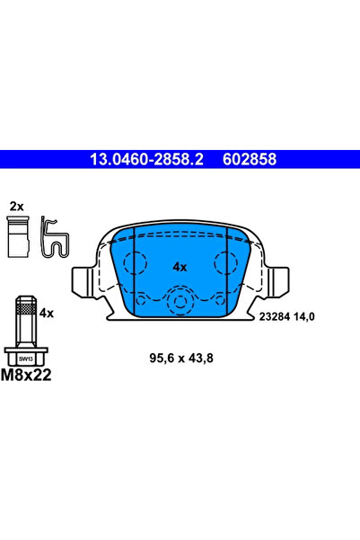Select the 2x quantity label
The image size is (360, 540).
(x=15, y=207)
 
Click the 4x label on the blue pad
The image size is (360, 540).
(x=180, y=267)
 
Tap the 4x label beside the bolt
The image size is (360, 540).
(x=48, y=313)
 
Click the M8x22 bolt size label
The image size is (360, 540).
(x=28, y=375)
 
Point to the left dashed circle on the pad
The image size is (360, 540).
(x=136, y=263)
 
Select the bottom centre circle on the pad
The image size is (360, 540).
(x=180, y=300)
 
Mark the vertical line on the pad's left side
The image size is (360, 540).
(x=134, y=270)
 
